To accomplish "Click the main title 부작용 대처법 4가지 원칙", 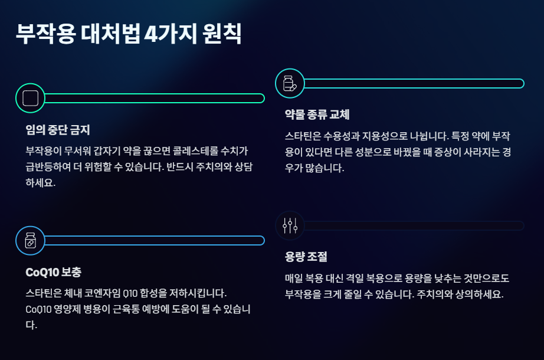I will [129, 33].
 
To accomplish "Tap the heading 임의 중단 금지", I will [58, 129].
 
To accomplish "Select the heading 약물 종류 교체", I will [317, 114].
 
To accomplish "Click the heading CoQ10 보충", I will [54, 273].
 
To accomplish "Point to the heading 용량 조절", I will [306, 257].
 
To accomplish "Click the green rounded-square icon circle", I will [30, 98].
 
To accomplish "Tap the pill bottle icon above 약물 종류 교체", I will [290, 83].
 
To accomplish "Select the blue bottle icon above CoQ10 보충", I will [30, 240].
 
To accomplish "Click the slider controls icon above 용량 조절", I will [290, 225].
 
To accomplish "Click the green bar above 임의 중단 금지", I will [153, 98].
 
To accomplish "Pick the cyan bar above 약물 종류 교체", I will [413, 83].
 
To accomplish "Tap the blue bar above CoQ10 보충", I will [153, 240].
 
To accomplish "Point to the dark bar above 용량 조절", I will [413, 225].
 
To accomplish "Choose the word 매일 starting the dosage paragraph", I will [293, 279].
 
